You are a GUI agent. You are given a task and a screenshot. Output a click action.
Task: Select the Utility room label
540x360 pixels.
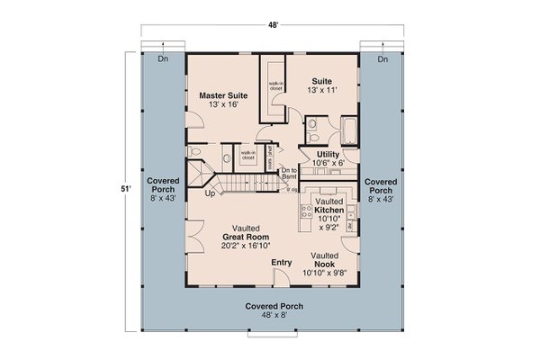tap(328, 155)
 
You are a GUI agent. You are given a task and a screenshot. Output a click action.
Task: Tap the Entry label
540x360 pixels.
tap(283, 262)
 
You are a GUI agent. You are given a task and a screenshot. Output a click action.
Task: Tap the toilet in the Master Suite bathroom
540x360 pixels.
tap(196, 154)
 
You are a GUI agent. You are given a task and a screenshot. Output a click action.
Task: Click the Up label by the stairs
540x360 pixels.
tap(211, 193)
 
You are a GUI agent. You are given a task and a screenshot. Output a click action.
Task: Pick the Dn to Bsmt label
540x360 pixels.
tap(289, 174)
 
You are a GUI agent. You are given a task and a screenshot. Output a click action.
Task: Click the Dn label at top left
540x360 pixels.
tap(163, 59)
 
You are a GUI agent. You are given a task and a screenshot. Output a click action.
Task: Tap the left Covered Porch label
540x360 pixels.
tap(164, 191)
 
